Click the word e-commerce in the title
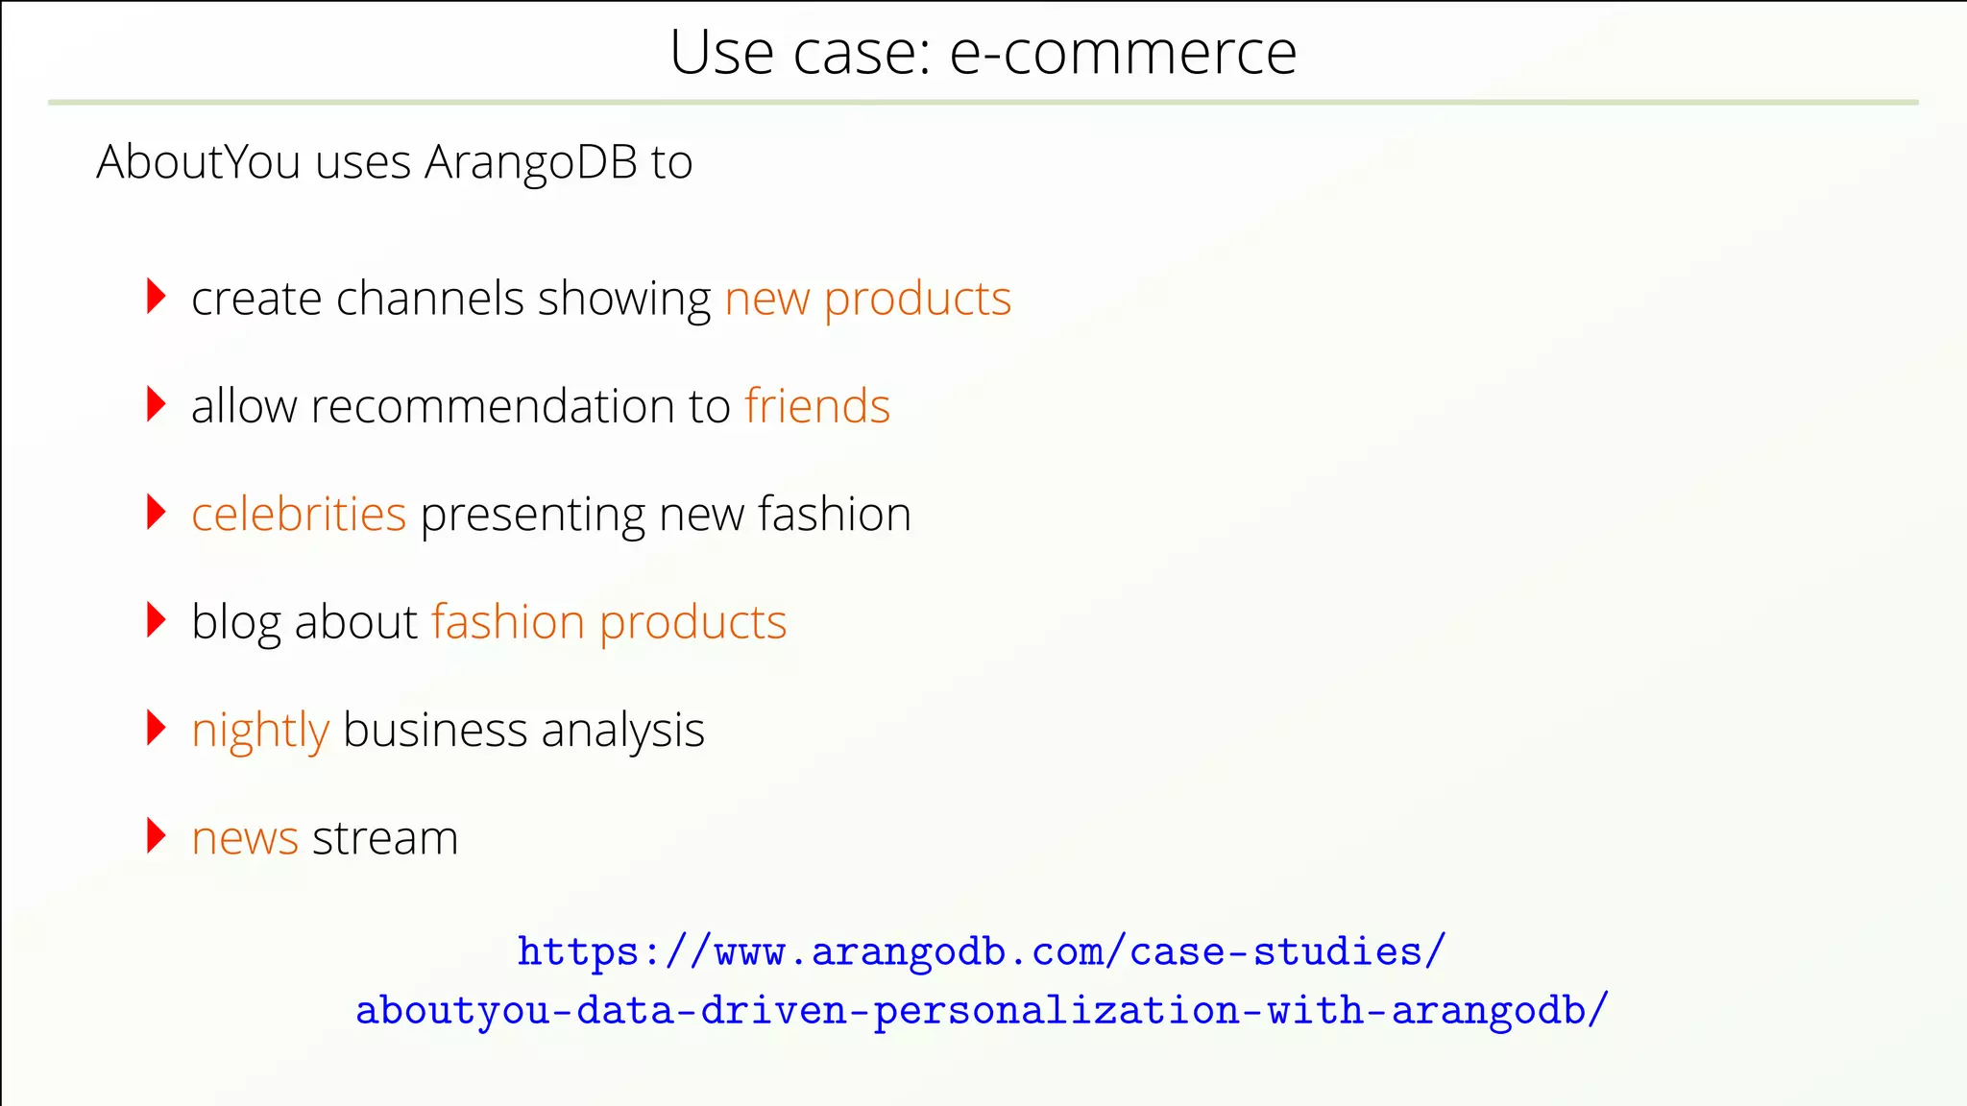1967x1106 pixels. [x=1123, y=53]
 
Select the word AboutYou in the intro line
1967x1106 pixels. [x=199, y=162]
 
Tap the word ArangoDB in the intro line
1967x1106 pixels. [x=531, y=162]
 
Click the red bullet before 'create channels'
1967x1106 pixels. [x=156, y=297]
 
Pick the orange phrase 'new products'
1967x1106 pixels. [x=867, y=300]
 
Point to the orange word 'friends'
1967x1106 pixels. [x=817, y=406]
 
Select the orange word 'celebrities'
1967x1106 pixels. [x=299, y=514]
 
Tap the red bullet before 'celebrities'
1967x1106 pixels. [x=156, y=512]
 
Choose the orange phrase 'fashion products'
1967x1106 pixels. [x=609, y=623]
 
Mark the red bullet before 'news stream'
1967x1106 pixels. [x=156, y=835]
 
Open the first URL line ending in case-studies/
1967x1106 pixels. [x=982, y=951]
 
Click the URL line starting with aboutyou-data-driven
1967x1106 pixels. [x=982, y=1011]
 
